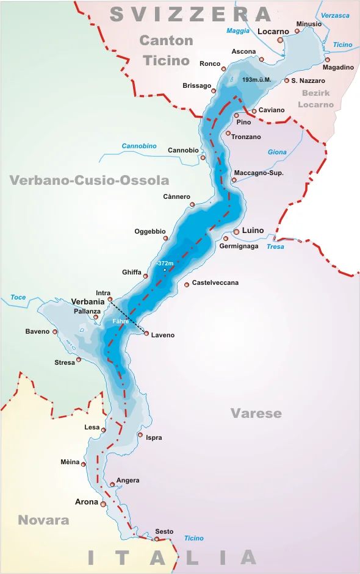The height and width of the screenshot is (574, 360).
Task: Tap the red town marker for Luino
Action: point(236,232)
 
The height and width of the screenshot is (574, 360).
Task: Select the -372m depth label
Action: point(165,263)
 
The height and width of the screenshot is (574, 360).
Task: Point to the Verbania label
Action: point(88,301)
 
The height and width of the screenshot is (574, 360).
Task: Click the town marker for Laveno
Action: point(146,333)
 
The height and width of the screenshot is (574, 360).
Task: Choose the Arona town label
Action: point(86,502)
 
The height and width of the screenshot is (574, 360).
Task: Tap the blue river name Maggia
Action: point(238,30)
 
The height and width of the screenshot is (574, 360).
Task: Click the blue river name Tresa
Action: point(275,246)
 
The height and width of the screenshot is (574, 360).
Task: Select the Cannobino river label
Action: point(139,146)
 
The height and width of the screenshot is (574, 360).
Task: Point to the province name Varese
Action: point(256,414)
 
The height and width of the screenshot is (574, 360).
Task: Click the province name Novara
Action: point(43,520)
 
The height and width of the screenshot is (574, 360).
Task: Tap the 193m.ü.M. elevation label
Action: point(256,80)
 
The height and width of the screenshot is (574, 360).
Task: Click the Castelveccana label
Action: point(215,283)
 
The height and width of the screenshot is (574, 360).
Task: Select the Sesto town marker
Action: point(156,539)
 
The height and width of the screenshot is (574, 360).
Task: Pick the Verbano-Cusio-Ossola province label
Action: point(89,180)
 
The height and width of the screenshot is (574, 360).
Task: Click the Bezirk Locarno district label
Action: point(315,99)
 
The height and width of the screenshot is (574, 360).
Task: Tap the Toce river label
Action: point(18,298)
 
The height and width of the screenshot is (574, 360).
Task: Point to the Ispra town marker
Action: point(140,435)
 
